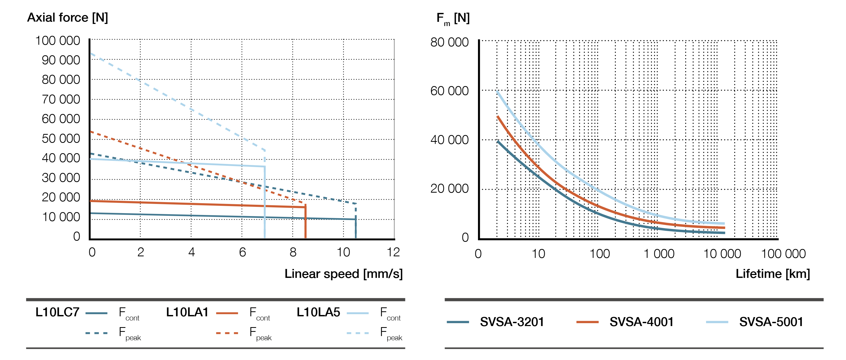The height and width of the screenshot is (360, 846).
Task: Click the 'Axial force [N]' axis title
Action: tap(67, 17)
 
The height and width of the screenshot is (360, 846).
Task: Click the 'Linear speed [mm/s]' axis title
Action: tap(343, 274)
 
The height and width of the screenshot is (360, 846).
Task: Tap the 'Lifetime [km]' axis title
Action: tap(772, 274)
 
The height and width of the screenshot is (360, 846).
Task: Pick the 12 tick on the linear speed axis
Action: tap(393, 252)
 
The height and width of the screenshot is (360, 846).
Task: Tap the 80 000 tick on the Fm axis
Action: tap(449, 42)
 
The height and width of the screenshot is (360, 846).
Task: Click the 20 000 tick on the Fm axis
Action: tap(449, 188)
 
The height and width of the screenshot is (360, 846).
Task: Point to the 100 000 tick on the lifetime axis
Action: tap(783, 254)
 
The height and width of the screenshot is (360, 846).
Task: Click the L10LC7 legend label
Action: tap(57, 312)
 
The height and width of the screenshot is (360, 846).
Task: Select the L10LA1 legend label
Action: tap(187, 312)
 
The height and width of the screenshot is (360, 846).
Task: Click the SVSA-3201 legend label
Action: tap(512, 322)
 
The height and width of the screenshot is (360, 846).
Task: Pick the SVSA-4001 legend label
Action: tap(641, 322)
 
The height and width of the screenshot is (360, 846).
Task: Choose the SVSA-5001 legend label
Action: tap(771, 322)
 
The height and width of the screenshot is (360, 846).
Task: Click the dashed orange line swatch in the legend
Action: tap(227, 333)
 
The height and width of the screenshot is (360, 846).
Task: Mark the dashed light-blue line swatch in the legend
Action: tap(358, 333)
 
